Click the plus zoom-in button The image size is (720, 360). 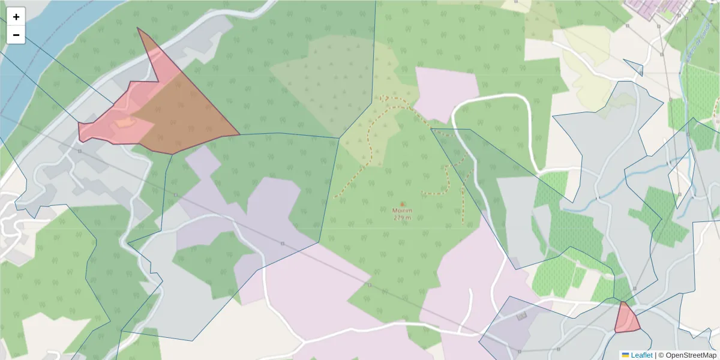pyautogui.click(x=16, y=17)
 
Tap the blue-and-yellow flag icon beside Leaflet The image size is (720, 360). pyautogui.click(x=625, y=355)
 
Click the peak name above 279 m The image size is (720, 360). pyautogui.click(x=402, y=211)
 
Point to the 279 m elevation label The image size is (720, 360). pyautogui.click(x=402, y=218)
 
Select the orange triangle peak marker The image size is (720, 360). pyautogui.click(x=402, y=204)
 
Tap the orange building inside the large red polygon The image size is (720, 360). pyautogui.click(x=125, y=123)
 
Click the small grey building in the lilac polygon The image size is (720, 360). pyautogui.click(x=521, y=316)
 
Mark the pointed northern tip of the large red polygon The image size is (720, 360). pyautogui.click(x=139, y=29)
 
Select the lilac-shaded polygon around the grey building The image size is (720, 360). pyautogui.click(x=510, y=327)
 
